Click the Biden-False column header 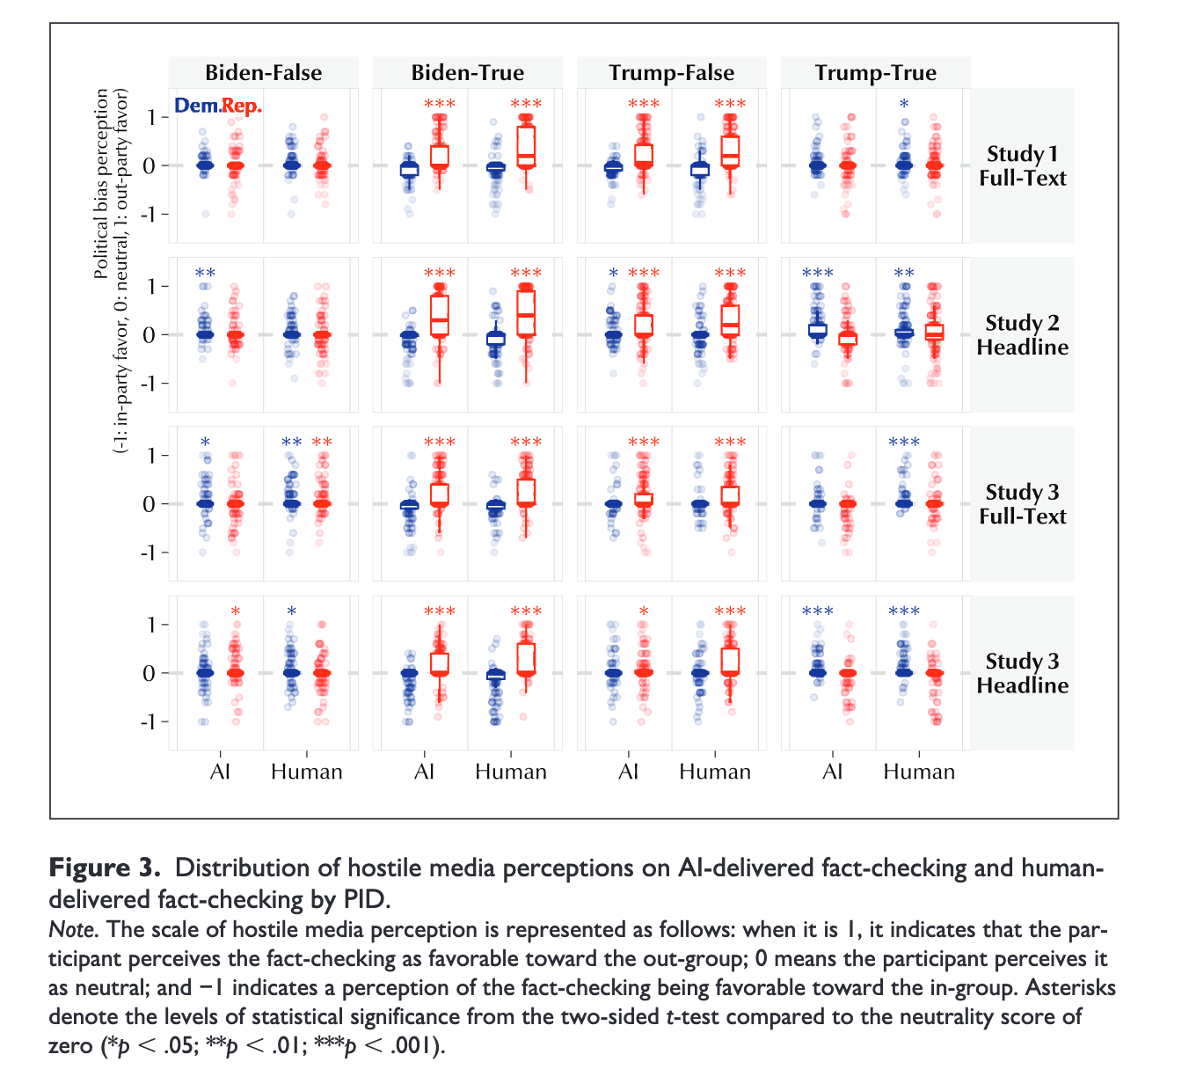pyautogui.click(x=263, y=73)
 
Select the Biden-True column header pyautogui.click(x=467, y=73)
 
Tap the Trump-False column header pyautogui.click(x=671, y=73)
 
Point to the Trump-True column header pyautogui.click(x=875, y=73)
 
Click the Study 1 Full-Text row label pyautogui.click(x=1022, y=166)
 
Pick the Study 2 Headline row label pyautogui.click(x=1022, y=335)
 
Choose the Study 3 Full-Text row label pyautogui.click(x=1022, y=504)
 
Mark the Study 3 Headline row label pyautogui.click(x=1022, y=673)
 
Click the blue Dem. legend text pyautogui.click(x=196, y=106)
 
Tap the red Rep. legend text pyautogui.click(x=241, y=106)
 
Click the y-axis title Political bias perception pyautogui.click(x=102, y=184)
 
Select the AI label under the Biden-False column pyautogui.click(x=220, y=772)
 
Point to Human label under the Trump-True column pyautogui.click(x=919, y=772)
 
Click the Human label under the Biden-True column pyautogui.click(x=511, y=772)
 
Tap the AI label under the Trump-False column pyautogui.click(x=628, y=772)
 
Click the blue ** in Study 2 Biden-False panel pyautogui.click(x=205, y=274)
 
